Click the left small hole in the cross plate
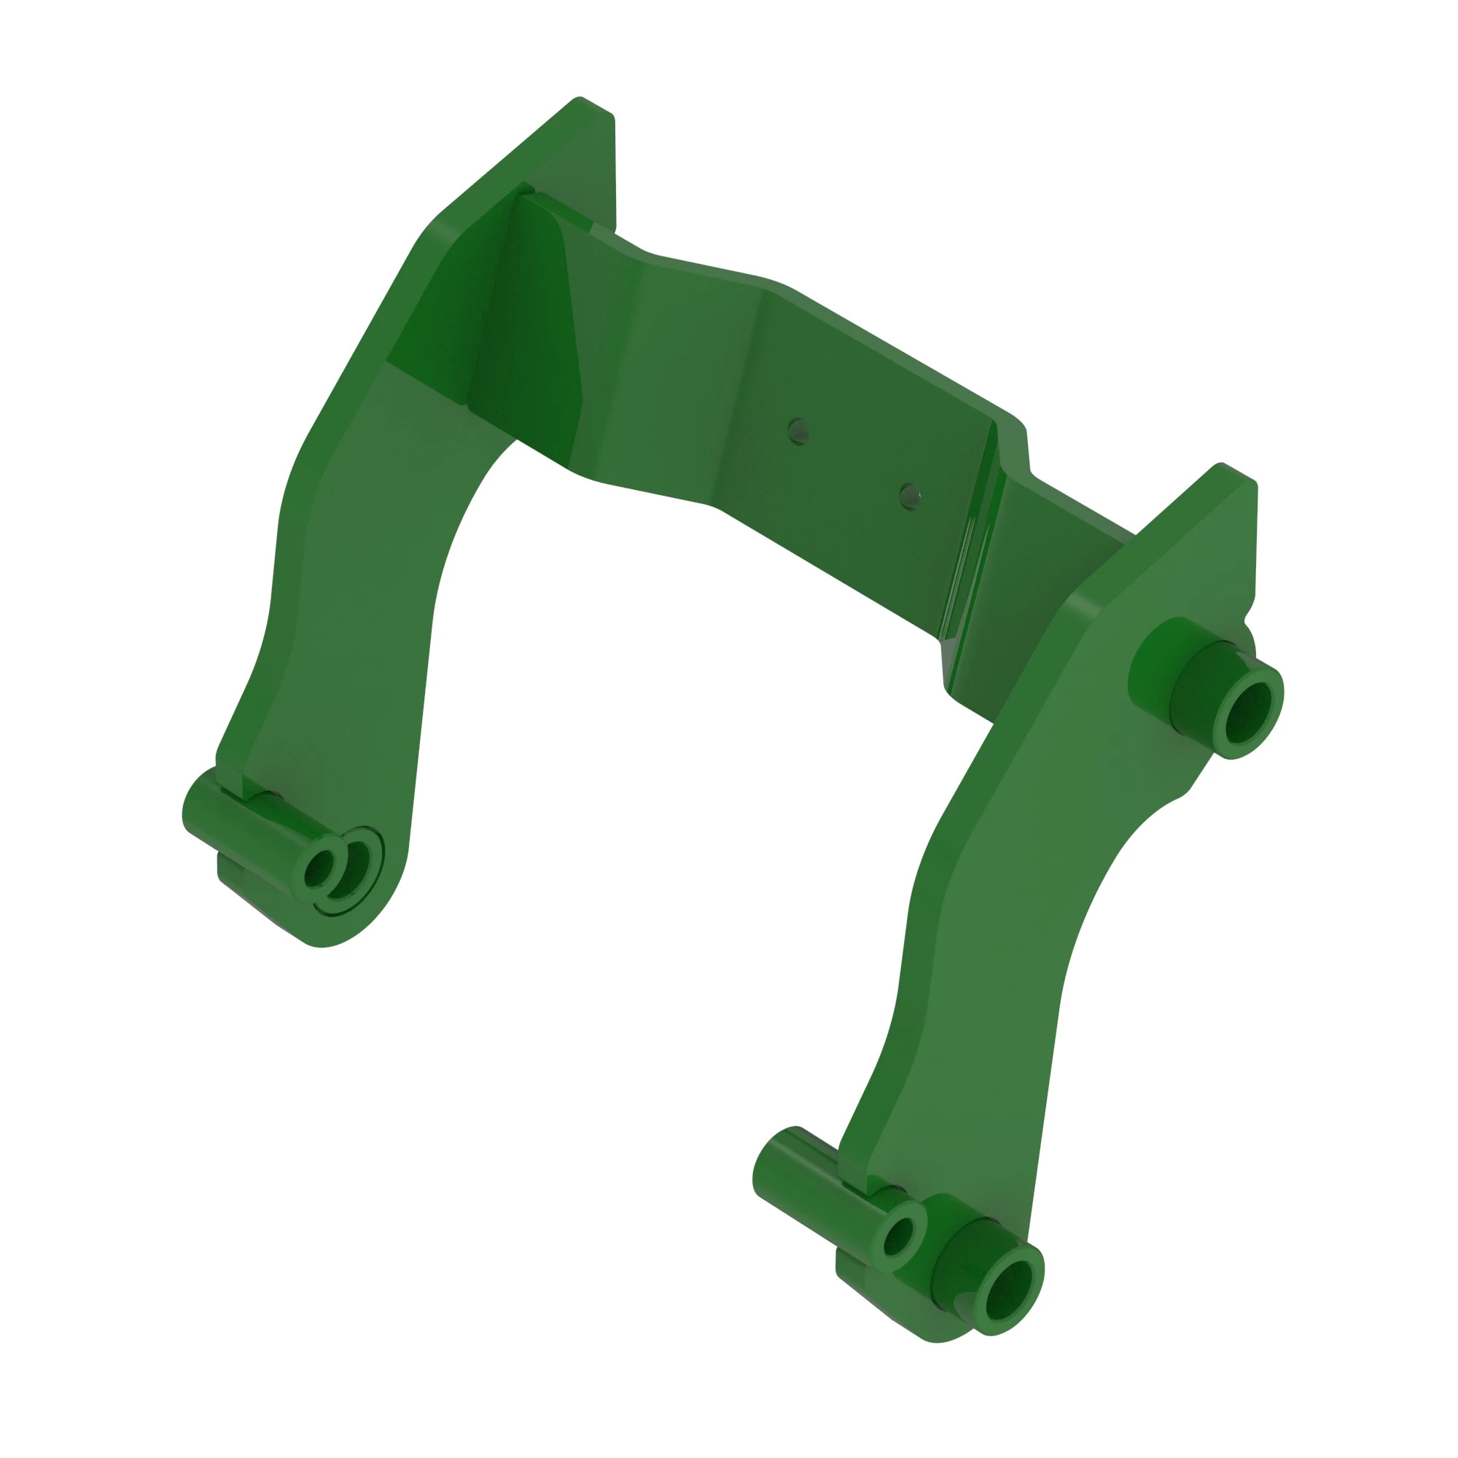pyautogui.click(x=798, y=432)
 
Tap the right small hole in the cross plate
pyautogui.click(x=909, y=496)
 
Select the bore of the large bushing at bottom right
pyautogui.click(x=1007, y=1290)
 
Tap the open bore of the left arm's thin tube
pyautogui.click(x=319, y=869)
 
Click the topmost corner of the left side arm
pyautogui.click(x=580, y=99)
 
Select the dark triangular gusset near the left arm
pyautogui.click(x=529, y=332)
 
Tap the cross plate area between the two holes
pyautogui.click(x=853, y=464)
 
